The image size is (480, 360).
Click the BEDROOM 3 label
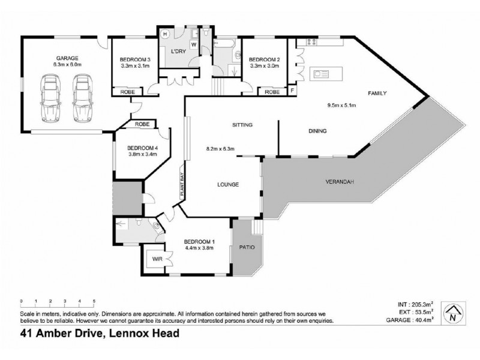point(135,59)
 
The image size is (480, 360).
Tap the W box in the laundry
point(194,44)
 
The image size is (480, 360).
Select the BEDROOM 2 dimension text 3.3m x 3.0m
point(265,66)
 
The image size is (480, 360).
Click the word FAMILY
point(377,93)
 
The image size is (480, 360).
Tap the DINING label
point(317,131)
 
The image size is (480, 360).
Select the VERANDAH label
point(339,181)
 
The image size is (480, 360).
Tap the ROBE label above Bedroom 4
point(142,124)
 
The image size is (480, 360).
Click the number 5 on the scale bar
point(94,301)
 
